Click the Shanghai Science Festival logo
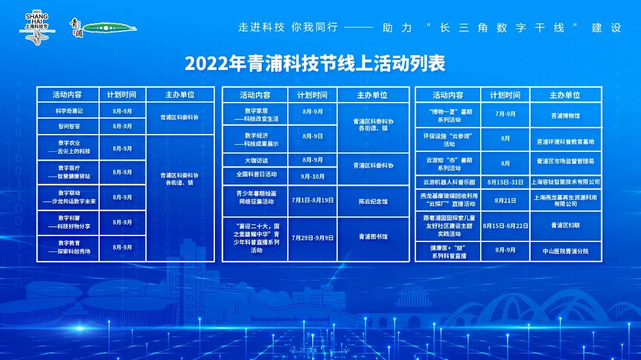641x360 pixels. (x=37, y=28)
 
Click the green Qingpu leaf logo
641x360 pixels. (x=110, y=28)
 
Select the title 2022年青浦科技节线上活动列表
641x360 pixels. (x=315, y=63)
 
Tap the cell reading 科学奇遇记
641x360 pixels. (x=69, y=111)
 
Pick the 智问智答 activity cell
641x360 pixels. (x=69, y=127)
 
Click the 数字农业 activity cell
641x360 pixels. (x=69, y=147)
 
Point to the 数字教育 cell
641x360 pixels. (x=69, y=247)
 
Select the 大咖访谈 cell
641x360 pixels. (x=256, y=161)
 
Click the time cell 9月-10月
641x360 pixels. (x=313, y=177)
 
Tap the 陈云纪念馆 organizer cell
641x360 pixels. (x=373, y=202)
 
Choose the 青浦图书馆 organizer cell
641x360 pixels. (x=373, y=237)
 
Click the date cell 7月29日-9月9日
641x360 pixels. (x=313, y=238)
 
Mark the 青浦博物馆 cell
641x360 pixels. (x=566, y=116)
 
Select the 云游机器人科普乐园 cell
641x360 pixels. (x=449, y=182)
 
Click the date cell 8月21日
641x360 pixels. (x=505, y=200)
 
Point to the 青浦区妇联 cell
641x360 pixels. (x=566, y=225)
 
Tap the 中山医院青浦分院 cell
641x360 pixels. (x=566, y=251)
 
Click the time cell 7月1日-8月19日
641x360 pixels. (x=313, y=200)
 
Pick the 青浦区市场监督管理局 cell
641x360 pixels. (x=566, y=161)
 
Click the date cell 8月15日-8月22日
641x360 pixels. (x=505, y=226)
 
